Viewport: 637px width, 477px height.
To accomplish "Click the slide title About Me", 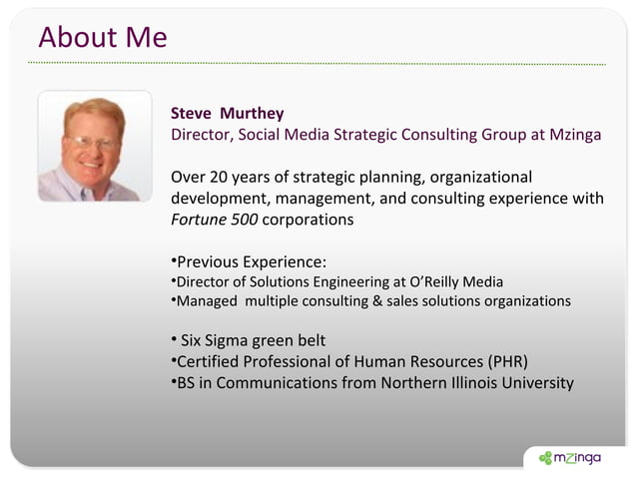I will (102, 38).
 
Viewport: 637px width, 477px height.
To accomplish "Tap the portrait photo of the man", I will (95, 146).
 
